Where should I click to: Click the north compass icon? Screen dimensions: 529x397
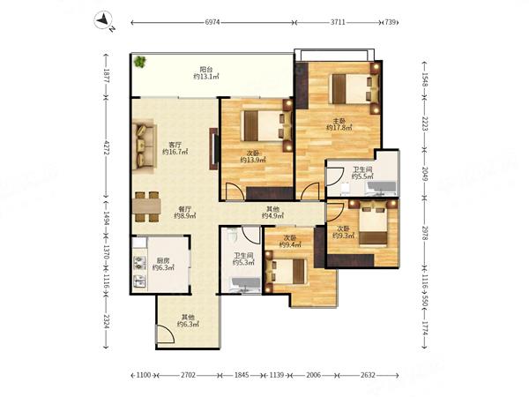tap(103, 20)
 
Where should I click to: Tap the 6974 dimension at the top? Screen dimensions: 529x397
tap(212, 22)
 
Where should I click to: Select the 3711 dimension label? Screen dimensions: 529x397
tap(338, 22)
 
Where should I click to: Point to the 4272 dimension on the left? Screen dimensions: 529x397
tap(106, 147)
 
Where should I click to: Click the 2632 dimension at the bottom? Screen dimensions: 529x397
tap(368, 375)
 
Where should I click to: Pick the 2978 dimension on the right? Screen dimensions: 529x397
tap(424, 233)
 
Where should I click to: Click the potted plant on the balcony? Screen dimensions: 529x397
tap(139, 62)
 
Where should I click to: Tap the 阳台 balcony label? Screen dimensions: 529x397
tap(206, 70)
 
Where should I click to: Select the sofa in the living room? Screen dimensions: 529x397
tap(144, 146)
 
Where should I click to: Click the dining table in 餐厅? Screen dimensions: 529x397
tap(146, 206)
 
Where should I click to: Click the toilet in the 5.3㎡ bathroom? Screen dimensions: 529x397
tap(233, 236)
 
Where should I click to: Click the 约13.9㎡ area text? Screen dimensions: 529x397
tap(253, 160)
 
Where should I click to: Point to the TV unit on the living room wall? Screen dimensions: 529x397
tap(213, 148)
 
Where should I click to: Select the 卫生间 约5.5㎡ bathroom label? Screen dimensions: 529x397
tap(362, 173)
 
